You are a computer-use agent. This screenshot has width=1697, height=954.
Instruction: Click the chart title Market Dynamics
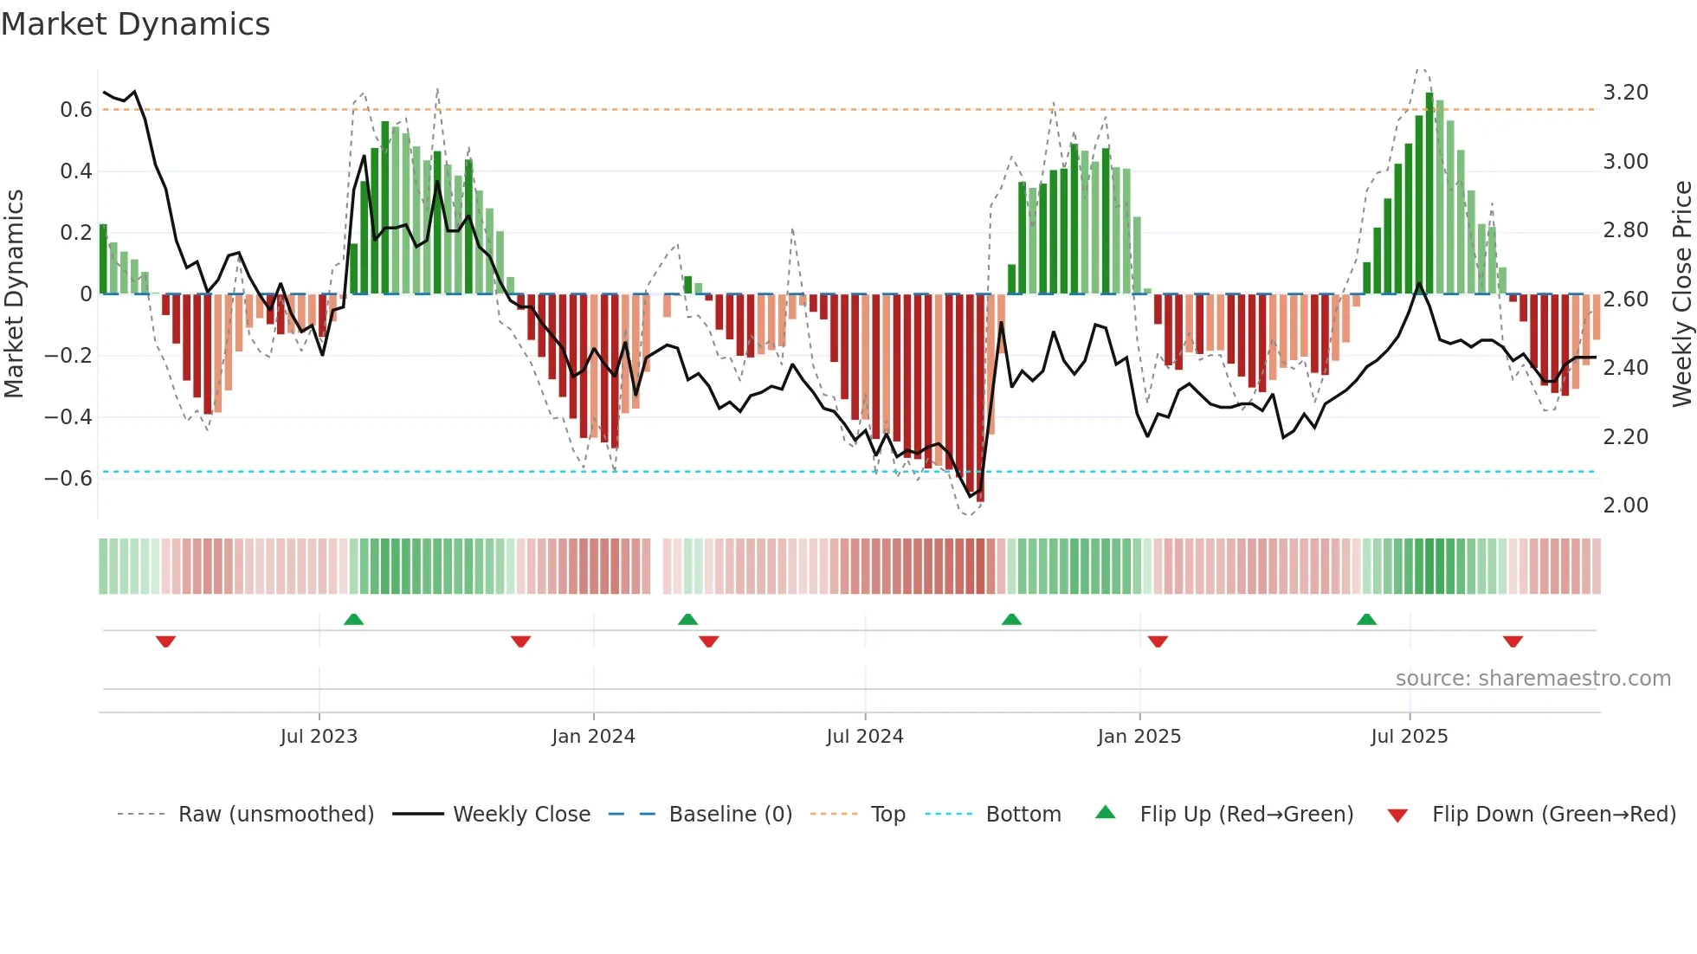[x=135, y=24]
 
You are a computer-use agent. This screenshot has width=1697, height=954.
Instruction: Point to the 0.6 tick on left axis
[x=76, y=110]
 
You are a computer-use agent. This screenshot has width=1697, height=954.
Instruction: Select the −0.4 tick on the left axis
[x=68, y=417]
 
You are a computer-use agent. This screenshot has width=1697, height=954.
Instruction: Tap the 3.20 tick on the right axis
[x=1625, y=93]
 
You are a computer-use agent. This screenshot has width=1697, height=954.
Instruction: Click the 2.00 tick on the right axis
[x=1625, y=506]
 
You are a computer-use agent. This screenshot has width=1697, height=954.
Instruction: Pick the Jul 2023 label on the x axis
[x=319, y=737]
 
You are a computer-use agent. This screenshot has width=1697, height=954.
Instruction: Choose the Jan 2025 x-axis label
[x=1139, y=737]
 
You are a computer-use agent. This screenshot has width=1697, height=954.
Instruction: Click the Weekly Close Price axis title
[x=1681, y=293]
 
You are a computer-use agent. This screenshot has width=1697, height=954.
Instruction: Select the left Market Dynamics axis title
[x=14, y=293]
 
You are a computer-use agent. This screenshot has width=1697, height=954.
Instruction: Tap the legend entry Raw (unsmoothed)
[x=275, y=815]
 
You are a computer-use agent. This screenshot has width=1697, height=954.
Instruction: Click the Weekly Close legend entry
[x=521, y=815]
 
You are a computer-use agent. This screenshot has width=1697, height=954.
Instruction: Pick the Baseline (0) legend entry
[x=730, y=815]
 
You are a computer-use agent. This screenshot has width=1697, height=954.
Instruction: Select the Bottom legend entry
[x=1023, y=815]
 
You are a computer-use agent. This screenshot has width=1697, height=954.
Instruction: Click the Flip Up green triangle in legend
[x=1106, y=812]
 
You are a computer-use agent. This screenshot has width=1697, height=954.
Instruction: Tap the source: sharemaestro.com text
[x=1532, y=679]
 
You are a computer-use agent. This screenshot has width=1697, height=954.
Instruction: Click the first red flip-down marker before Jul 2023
[x=166, y=641]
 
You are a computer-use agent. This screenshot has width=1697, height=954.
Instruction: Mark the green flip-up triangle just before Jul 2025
[x=1366, y=620]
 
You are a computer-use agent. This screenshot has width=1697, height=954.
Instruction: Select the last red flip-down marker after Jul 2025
[x=1513, y=641]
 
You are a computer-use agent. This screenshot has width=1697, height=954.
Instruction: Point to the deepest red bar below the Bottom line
[x=980, y=398]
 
